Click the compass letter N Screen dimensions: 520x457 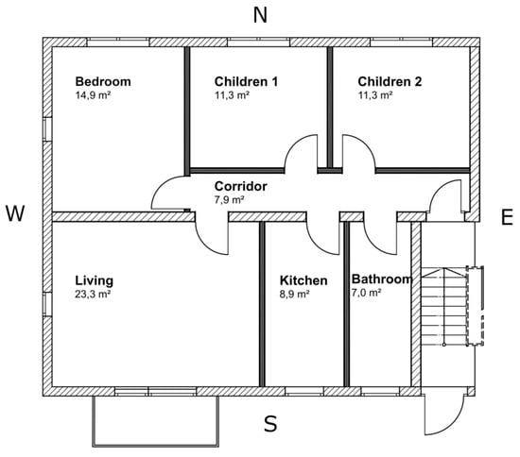260,15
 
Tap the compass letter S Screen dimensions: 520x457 270,424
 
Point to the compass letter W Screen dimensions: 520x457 15,213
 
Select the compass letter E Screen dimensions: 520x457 507,217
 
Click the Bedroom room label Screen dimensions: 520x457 103,82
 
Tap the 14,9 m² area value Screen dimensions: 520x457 93,95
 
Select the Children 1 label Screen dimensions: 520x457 246,81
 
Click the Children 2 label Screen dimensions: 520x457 390,81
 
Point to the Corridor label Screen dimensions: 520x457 241,186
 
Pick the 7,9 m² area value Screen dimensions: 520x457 230,199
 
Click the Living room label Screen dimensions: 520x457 95,280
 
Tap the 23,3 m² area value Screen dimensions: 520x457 93,294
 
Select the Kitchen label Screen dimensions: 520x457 303,280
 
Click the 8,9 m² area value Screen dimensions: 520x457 295,294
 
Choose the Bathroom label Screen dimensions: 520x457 382,279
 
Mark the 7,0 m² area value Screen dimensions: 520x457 366,293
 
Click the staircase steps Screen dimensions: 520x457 444,306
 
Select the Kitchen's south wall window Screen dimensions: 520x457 304,392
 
